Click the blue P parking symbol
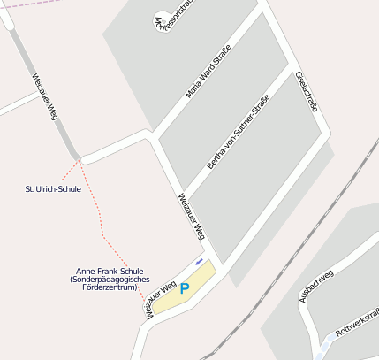point(185,288)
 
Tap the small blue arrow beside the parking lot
point(199,262)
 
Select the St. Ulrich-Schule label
point(53,188)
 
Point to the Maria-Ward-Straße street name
point(208,72)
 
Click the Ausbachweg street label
point(316,287)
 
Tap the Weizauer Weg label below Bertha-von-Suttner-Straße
point(192,217)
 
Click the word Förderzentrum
point(112,287)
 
